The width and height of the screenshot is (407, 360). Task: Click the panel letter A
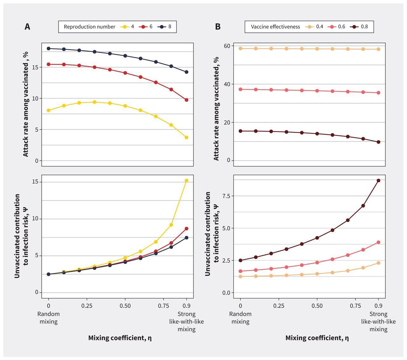[27, 27]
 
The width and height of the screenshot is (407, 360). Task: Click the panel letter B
[218, 27]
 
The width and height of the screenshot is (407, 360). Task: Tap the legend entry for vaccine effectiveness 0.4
[314, 27]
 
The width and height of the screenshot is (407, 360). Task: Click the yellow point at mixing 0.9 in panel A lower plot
[186, 181]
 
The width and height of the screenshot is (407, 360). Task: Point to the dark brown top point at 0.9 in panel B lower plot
[378, 180]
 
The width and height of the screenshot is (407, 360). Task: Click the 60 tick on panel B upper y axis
[226, 46]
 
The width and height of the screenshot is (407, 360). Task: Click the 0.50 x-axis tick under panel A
[125, 306]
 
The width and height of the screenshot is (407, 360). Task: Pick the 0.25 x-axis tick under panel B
[279, 306]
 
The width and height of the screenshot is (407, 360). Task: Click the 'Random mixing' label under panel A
[48, 318]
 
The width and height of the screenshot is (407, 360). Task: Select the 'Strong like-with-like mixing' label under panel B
[378, 321]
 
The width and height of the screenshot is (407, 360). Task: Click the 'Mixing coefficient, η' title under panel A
[120, 338]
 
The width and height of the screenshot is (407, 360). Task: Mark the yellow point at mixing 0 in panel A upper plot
[48, 110]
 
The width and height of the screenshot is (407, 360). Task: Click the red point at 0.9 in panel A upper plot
[186, 100]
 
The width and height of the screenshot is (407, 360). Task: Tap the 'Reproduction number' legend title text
[89, 27]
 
